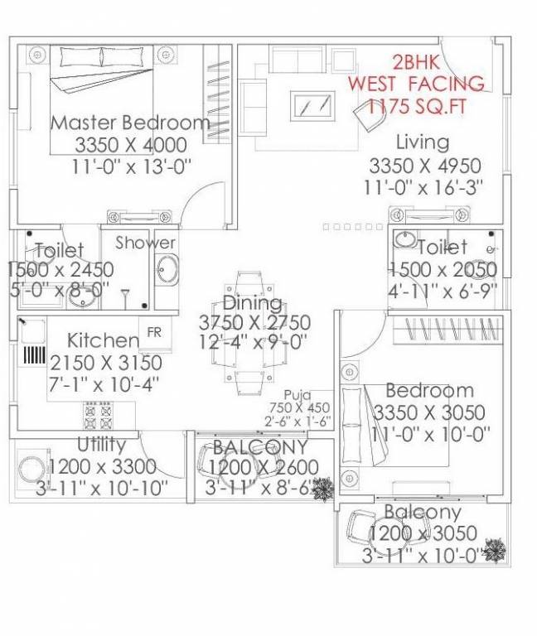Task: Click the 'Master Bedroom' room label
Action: [x=130, y=123]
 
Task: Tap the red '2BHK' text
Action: [x=416, y=63]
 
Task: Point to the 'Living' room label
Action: [x=422, y=142]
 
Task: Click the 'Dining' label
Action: [x=252, y=302]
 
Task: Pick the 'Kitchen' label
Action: [x=104, y=340]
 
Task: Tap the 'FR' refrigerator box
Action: [x=154, y=332]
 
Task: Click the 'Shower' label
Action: [x=145, y=243]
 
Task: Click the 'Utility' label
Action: [x=101, y=444]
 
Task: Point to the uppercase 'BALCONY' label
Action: [x=260, y=448]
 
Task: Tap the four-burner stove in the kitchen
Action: [x=97, y=412]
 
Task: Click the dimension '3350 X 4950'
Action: [x=422, y=164]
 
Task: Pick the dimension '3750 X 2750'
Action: [x=254, y=322]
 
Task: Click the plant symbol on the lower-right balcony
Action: [x=496, y=549]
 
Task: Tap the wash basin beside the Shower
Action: [x=166, y=270]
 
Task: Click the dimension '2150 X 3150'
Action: [x=106, y=362]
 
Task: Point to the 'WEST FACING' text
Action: [x=416, y=84]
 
